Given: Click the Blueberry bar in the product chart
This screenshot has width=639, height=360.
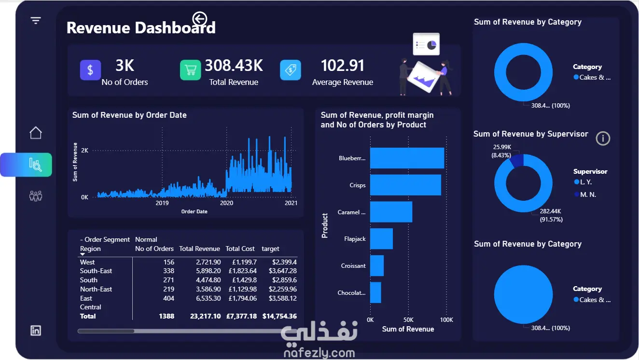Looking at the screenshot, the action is (x=407, y=158).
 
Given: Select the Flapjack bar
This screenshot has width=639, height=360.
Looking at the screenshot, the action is (x=381, y=239).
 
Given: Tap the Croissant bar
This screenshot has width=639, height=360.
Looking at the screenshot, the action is (x=377, y=265).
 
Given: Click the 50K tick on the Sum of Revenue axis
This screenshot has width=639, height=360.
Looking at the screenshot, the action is (x=408, y=320).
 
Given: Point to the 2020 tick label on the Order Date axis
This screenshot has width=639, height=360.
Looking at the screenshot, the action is (x=226, y=203).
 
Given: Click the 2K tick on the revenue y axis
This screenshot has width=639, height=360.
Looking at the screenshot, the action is (x=85, y=151).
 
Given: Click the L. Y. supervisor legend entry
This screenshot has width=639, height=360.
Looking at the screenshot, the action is (x=583, y=182).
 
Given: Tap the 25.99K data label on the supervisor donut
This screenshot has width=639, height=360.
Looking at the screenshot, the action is (x=502, y=147).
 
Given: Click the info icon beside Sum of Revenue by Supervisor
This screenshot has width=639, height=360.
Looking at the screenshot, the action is (x=603, y=138).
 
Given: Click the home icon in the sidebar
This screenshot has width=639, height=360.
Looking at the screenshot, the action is (x=36, y=133).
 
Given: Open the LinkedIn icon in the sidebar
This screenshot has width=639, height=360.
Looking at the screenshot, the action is (x=36, y=331).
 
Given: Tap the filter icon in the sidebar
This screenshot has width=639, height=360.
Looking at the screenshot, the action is (x=36, y=21).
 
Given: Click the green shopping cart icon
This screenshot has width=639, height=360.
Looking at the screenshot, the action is (x=190, y=70).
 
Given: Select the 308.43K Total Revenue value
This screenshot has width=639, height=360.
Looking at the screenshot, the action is (x=234, y=65).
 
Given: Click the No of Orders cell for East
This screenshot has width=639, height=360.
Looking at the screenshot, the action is (x=168, y=298).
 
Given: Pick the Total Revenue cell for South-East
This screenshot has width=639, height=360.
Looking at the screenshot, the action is (x=208, y=271).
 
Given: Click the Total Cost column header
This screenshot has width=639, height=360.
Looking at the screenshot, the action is (x=240, y=249).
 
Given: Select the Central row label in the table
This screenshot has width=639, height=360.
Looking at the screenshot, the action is (x=90, y=307).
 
